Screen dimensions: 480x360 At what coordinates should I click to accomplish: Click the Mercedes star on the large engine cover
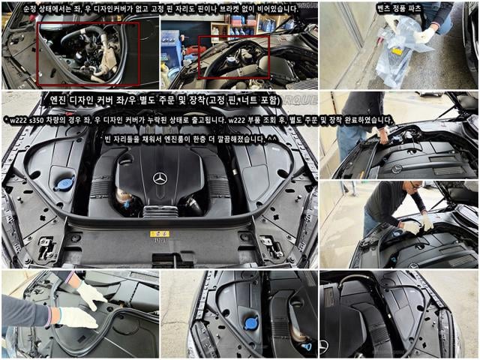pyautogui.click(x=160, y=178)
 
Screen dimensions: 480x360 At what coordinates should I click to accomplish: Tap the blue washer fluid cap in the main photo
pyautogui.click(x=64, y=183)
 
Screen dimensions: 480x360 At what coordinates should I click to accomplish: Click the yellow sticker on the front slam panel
pyautogui.click(x=160, y=234)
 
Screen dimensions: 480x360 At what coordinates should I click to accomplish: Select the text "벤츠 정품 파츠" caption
pyautogui.click(x=399, y=8)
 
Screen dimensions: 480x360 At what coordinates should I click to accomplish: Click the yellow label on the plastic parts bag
pyautogui.click(x=397, y=52)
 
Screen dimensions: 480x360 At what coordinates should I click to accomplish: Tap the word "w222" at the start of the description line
pyautogui.click(x=18, y=121)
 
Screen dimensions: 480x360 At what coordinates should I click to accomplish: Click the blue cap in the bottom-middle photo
pyautogui.click(x=250, y=323)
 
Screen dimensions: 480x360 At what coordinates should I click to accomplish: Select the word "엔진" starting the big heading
pyautogui.click(x=58, y=100)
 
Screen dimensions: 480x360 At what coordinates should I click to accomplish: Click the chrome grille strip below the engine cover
pyautogui.click(x=160, y=211)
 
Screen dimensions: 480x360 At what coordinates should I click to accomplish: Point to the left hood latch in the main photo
pyautogui.click(x=46, y=247)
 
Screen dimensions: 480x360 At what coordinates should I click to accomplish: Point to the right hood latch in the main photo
pyautogui.click(x=271, y=247)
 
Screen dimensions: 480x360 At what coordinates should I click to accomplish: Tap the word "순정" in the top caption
pyautogui.click(x=30, y=9)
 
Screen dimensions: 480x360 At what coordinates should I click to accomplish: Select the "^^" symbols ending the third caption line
pyautogui.click(x=271, y=139)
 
